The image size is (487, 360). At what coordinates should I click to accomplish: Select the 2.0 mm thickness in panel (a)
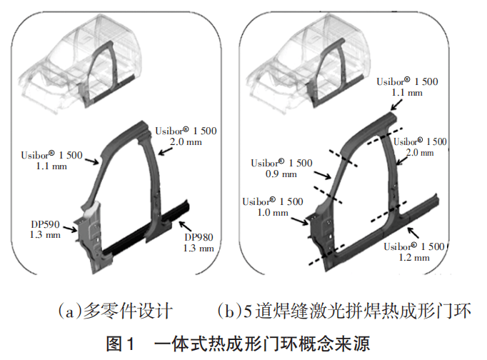(x=185, y=142)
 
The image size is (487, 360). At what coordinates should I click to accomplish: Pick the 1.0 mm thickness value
(x=269, y=212)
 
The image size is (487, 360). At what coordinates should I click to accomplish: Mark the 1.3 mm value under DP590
(x=44, y=235)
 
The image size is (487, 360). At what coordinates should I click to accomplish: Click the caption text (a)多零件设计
(x=115, y=312)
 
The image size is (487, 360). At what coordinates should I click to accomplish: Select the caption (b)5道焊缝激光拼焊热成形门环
(x=344, y=312)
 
